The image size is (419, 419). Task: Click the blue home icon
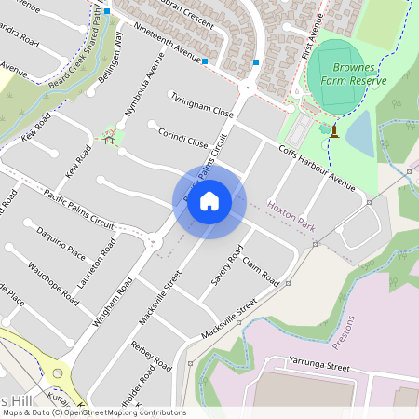[x=209, y=201]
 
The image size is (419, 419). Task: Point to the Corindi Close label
[x=183, y=139]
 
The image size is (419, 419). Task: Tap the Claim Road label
[x=262, y=272]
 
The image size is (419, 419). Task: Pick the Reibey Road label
[x=152, y=355]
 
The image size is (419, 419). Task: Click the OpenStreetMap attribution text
[x=93, y=412]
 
